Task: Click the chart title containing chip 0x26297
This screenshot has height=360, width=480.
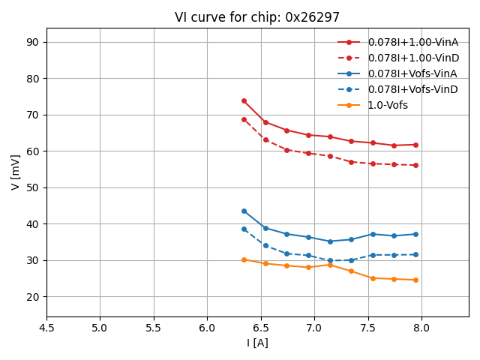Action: point(257,17)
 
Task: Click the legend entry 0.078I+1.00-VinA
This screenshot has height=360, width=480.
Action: point(412,42)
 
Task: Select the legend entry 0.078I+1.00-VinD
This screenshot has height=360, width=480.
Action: point(412,58)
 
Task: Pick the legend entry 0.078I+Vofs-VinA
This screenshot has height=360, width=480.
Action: point(412,73)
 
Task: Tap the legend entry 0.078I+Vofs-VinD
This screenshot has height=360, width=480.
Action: point(412,89)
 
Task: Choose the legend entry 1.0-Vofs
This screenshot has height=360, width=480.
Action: point(388,105)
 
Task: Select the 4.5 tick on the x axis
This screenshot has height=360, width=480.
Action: point(46,328)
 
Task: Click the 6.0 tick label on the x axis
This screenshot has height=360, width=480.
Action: point(207,328)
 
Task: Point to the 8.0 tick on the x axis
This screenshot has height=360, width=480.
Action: point(421,328)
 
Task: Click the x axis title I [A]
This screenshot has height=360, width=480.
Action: point(257,343)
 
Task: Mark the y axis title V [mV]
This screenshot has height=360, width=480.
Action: point(16,172)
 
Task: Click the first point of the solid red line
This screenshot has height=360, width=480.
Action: point(244,100)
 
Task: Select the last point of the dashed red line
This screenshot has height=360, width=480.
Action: point(415,165)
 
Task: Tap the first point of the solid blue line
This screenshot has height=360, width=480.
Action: point(244,211)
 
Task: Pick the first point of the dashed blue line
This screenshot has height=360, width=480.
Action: point(244,229)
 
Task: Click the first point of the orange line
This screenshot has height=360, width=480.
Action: point(244,259)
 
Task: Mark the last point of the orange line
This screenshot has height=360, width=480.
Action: point(415,280)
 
